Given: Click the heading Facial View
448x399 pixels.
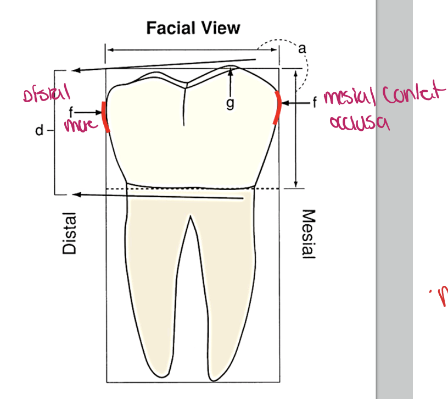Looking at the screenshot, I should pos(193,27).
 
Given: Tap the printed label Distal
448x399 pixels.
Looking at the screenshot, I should pos(69,234).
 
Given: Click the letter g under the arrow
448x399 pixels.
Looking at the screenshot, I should pos(230,104).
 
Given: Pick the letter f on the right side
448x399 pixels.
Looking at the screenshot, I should pos(314,102).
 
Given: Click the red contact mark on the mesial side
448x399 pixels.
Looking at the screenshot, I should pos(277,108).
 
